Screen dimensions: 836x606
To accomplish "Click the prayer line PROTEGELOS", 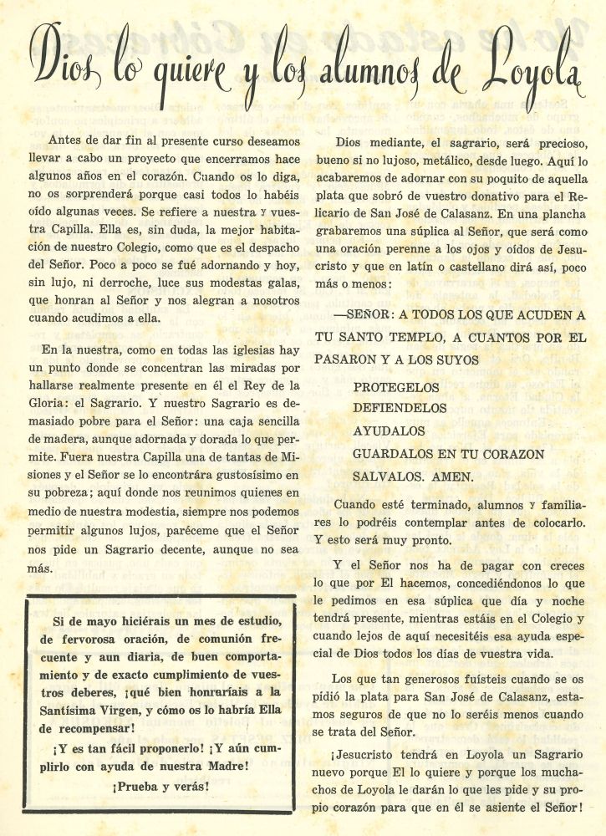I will pos(396,388).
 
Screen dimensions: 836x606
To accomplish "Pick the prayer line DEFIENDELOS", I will pos(401,410).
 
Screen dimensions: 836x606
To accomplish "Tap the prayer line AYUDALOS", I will pos(390,431).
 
